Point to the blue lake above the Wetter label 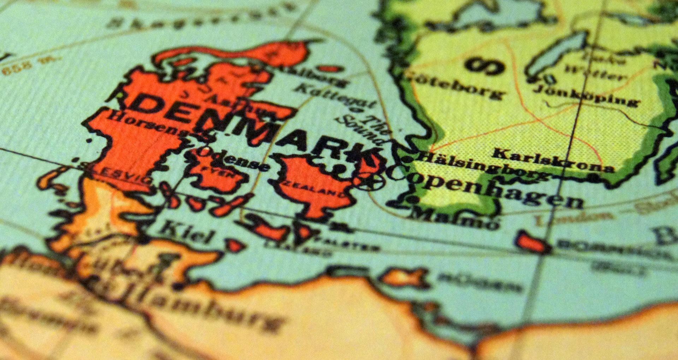[x=558, y=53]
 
